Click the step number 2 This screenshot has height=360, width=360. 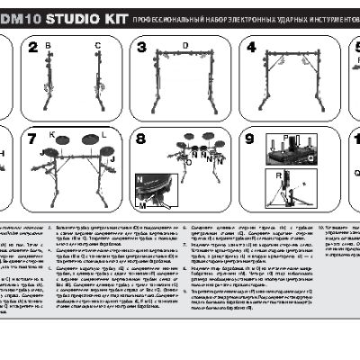click(33, 49)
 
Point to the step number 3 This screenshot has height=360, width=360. click(141, 49)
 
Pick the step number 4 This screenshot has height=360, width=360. click(250, 49)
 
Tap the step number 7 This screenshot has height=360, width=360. click(33, 139)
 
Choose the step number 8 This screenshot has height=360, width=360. click(141, 139)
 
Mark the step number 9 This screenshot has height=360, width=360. click(250, 139)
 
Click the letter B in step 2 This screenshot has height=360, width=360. click(49, 44)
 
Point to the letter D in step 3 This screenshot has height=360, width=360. click(184, 44)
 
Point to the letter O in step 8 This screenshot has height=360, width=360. click(188, 164)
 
